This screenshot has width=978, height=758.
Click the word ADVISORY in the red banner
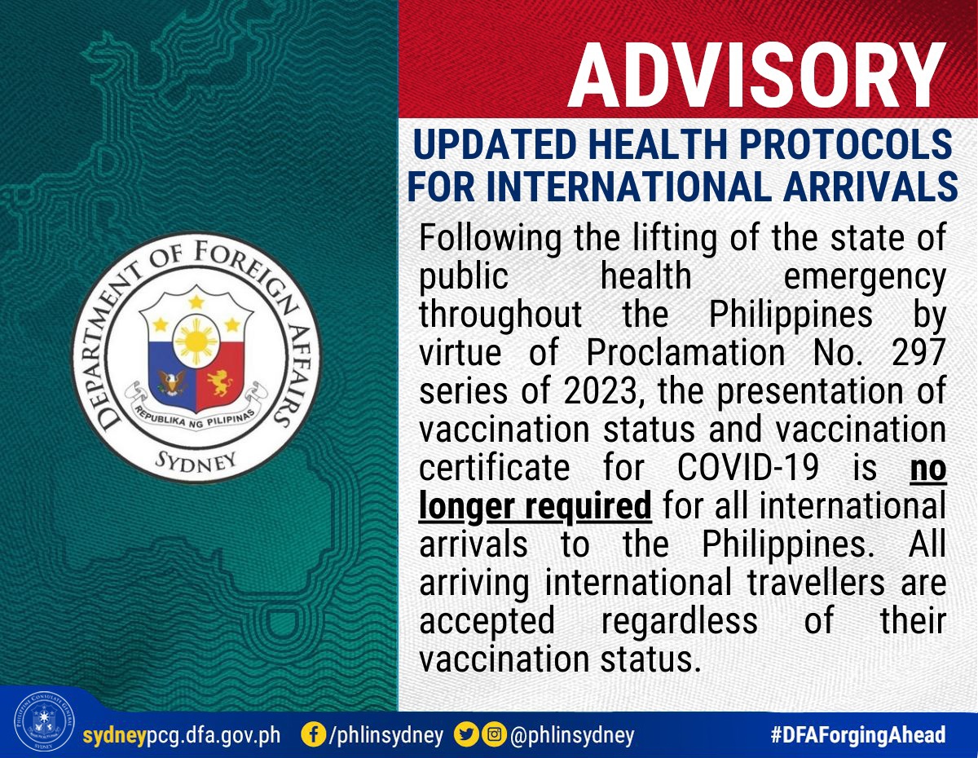click(x=757, y=75)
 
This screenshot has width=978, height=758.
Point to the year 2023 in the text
click(x=601, y=390)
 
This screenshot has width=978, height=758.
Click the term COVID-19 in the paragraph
click(x=748, y=468)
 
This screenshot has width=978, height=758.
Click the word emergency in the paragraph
click(x=865, y=277)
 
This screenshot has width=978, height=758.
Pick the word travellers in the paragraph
click(x=816, y=583)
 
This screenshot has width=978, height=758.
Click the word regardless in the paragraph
click(x=680, y=622)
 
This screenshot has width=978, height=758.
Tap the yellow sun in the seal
click(x=196, y=341)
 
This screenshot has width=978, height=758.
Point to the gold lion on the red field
click(x=219, y=382)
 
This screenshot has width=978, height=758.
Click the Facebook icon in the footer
click(x=313, y=734)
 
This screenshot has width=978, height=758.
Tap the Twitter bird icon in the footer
click(x=466, y=734)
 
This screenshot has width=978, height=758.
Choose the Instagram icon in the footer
click(x=494, y=734)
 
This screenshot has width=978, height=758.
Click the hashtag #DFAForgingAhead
click(x=858, y=734)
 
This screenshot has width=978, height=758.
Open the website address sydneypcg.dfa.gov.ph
click(x=182, y=735)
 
